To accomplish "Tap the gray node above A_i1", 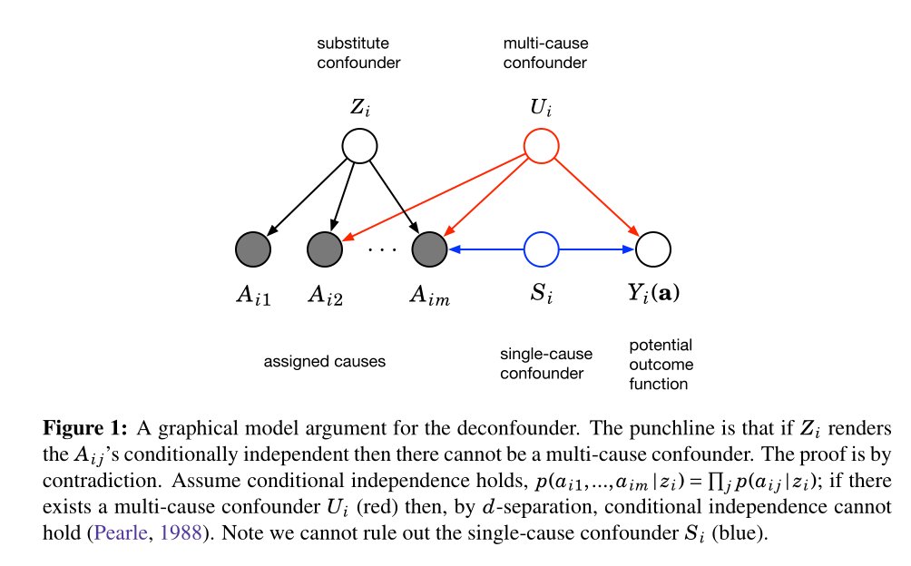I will tap(252, 249).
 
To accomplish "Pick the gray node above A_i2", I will tap(325, 249).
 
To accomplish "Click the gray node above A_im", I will tap(430, 249).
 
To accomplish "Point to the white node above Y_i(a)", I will tap(653, 249).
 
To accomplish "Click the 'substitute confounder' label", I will tap(358, 53).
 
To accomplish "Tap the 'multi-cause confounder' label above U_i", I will tap(544, 53).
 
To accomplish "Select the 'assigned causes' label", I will tap(324, 361).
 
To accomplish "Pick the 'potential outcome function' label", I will tap(661, 364).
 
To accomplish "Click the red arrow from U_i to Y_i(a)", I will tap(597, 197).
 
